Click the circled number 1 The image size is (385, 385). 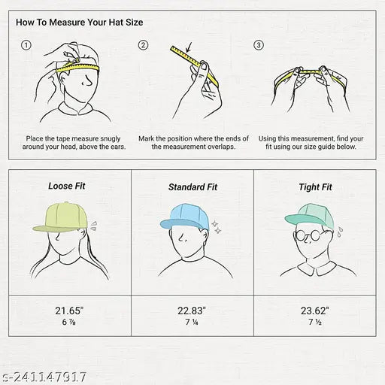tap(26, 45)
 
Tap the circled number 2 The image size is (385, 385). tap(143, 45)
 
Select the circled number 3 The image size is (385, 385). tap(259, 45)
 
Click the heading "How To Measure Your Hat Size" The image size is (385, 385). tap(80, 23)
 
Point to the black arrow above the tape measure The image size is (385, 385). tap(189, 47)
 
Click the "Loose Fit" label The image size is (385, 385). tap(67, 186)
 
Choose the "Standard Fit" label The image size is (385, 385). tap(192, 187)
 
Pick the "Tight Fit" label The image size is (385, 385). tap(315, 187)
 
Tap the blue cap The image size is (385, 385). tap(185, 217)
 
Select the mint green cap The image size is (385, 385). tap(310, 216)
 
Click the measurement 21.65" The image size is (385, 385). tap(69, 311)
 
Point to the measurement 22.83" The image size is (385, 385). tap(192, 311)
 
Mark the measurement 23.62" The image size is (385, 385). tap(315, 311)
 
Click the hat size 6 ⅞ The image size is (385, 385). tap(68, 322)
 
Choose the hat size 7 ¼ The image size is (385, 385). tap(192, 322)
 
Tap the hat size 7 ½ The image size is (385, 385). tap(315, 322)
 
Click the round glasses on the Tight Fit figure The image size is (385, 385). tap(308, 235)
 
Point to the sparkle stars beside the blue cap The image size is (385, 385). tap(217, 227)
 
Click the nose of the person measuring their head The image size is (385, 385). tap(87, 80)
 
